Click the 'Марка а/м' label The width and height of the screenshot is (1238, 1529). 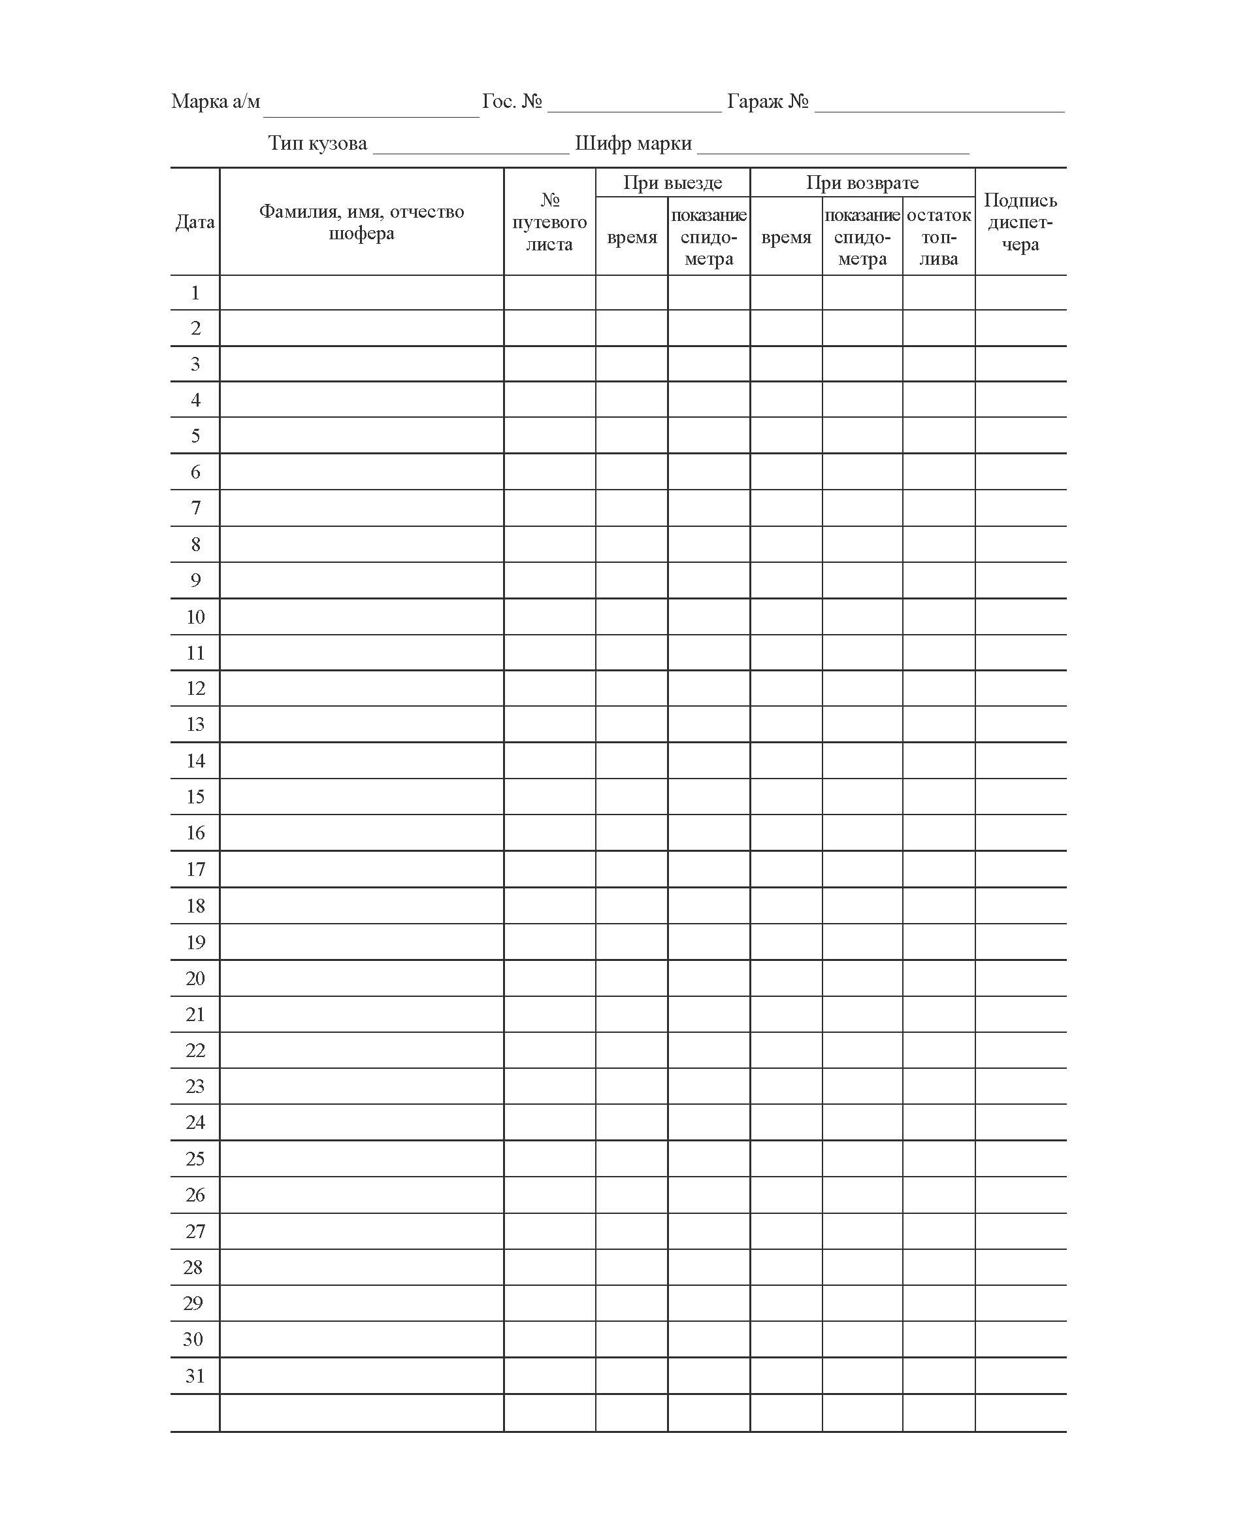tap(216, 101)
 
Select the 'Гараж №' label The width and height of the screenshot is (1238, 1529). tap(768, 101)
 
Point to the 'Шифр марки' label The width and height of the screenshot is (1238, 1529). tap(633, 143)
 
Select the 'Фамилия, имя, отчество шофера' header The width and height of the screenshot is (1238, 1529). tap(361, 222)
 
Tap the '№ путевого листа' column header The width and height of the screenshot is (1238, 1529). tap(549, 222)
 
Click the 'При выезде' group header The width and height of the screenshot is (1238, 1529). tap(672, 182)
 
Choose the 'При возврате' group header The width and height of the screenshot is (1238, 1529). tap(862, 182)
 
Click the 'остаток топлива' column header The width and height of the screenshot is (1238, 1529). tap(939, 237)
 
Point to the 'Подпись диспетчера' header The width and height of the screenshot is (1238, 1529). tap(1020, 222)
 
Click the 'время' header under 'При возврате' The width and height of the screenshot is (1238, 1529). tap(786, 237)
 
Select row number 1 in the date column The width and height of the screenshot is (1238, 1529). tap(195, 292)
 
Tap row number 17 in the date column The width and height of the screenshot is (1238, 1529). tap(195, 869)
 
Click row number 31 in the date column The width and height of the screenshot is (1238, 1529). tap(195, 1375)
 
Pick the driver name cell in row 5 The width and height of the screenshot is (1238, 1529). tap(361, 435)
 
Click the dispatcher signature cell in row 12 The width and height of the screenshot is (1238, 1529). tap(1020, 688)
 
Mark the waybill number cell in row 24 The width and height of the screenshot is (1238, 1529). tap(549, 1122)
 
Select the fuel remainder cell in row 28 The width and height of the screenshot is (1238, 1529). tap(939, 1267)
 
